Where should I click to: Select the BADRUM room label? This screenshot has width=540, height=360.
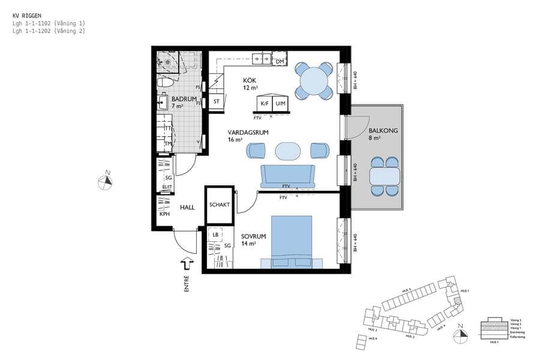pos(183,99)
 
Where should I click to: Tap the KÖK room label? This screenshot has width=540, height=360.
pos(250,80)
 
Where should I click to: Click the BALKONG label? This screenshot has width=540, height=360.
pos(383,130)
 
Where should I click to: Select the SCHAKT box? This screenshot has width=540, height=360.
pos(219,205)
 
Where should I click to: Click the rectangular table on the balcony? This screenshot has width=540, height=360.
pos(385,177)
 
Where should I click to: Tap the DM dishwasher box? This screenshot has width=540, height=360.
pos(280,61)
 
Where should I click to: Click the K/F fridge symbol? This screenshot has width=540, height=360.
pos(264,104)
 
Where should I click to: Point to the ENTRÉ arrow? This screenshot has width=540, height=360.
pos(187,263)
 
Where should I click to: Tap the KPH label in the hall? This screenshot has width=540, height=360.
pos(164,214)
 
